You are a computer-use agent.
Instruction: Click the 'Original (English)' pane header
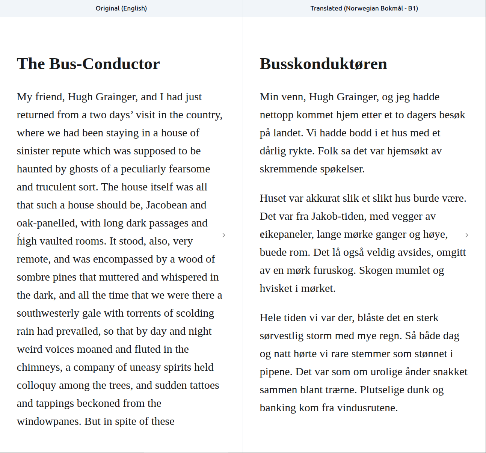click(121, 8)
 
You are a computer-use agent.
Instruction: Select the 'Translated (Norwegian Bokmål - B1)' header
click(364, 8)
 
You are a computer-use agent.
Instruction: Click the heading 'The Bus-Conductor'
click(88, 64)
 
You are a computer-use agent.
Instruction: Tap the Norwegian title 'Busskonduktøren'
click(323, 64)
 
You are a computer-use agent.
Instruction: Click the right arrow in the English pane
click(224, 235)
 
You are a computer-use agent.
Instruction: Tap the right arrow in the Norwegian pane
click(467, 235)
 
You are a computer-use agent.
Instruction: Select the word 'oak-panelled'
click(46, 223)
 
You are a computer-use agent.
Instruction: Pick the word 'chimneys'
click(39, 367)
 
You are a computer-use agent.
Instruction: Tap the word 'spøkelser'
click(343, 169)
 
